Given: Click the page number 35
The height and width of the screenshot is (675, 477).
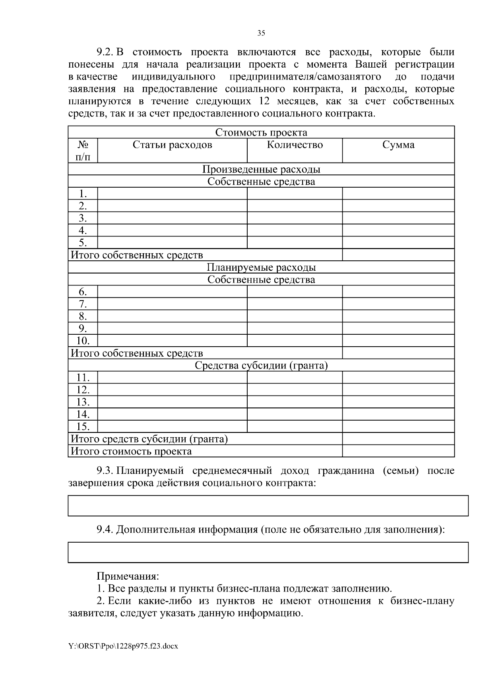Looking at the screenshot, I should pyautogui.click(x=261, y=33).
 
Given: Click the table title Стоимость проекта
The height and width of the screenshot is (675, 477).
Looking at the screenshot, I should pyautogui.click(x=261, y=132).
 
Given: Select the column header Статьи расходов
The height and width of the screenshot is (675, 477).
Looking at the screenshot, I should pyautogui.click(x=172, y=145).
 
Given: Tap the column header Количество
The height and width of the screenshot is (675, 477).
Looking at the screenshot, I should pyautogui.click(x=295, y=145).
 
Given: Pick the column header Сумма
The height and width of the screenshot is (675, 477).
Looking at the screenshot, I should pyautogui.click(x=398, y=145).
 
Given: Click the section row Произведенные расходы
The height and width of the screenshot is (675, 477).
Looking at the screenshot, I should pyautogui.click(x=261, y=169).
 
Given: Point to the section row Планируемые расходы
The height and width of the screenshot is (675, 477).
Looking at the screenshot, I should pyautogui.click(x=261, y=268).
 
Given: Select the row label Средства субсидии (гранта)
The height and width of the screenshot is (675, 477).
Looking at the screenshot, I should pyautogui.click(x=261, y=365).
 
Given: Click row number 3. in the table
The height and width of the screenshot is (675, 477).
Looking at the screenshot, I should pyautogui.click(x=83, y=218).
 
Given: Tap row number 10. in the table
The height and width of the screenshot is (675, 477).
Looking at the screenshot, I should pyautogui.click(x=83, y=341).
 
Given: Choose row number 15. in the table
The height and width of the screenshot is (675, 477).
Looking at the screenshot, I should pyautogui.click(x=83, y=427).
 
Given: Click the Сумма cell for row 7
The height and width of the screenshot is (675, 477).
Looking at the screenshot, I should pyautogui.click(x=398, y=305).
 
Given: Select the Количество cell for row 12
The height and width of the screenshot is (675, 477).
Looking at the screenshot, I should pyautogui.click(x=295, y=390).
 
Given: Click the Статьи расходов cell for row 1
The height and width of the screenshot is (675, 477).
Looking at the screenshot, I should pyautogui.click(x=172, y=194).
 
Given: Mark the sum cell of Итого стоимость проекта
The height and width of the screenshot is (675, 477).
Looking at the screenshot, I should pyautogui.click(x=398, y=451).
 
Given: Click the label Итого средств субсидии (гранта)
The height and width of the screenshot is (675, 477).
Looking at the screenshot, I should pyautogui.click(x=149, y=439).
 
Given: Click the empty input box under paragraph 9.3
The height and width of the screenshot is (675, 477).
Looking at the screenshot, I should pyautogui.click(x=268, y=506).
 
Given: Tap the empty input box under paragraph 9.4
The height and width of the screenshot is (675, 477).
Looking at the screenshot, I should pyautogui.click(x=268, y=552).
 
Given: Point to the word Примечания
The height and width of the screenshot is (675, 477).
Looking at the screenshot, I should pyautogui.click(x=128, y=576).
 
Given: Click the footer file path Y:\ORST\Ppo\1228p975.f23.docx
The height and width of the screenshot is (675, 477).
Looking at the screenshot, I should pyautogui.click(x=123, y=646).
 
